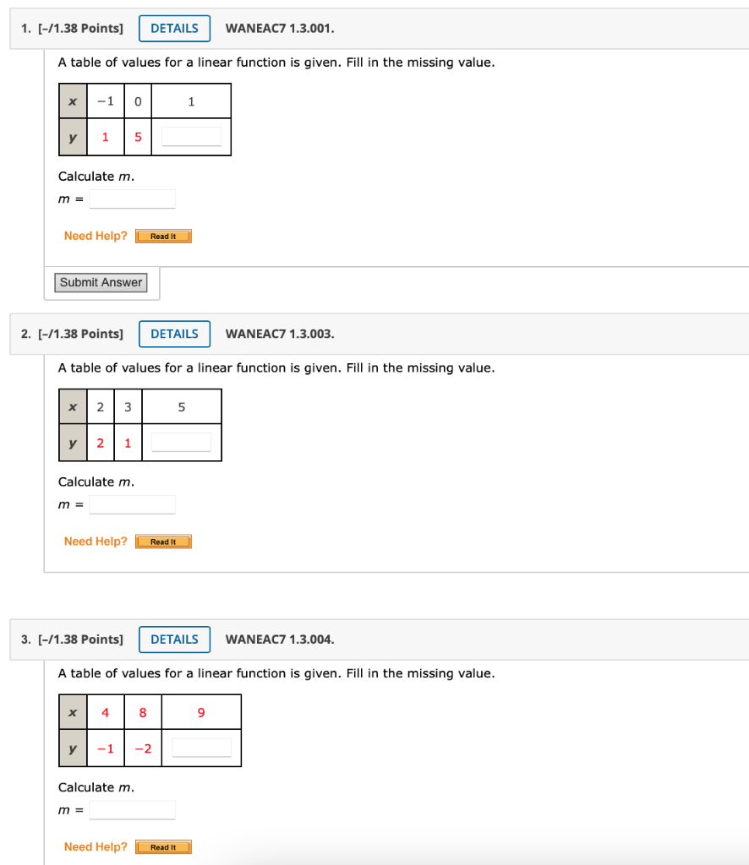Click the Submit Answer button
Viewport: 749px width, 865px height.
[101, 283]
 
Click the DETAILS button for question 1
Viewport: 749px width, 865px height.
[174, 29]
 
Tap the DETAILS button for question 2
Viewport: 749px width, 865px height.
[174, 334]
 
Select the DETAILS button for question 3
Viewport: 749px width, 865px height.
[174, 639]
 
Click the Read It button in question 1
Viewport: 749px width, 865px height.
[163, 237]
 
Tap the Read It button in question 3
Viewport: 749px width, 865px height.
[163, 847]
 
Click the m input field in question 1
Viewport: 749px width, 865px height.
[132, 199]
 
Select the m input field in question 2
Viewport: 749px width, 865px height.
[132, 505]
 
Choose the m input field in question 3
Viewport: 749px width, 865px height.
[132, 811]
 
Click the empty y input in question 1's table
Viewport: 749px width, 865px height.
[191, 137]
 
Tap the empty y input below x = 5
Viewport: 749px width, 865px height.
[181, 443]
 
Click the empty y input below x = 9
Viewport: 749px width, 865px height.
[201, 748]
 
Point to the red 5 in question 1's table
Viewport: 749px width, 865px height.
[138, 137]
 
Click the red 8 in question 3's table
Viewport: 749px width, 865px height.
[143, 713]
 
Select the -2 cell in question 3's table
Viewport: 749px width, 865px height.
[143, 748]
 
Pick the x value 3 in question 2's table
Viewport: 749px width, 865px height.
[128, 407]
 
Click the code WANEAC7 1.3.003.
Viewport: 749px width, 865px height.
[280, 334]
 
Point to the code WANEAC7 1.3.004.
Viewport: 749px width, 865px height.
[280, 639]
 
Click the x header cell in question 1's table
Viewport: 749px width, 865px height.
[73, 101]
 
